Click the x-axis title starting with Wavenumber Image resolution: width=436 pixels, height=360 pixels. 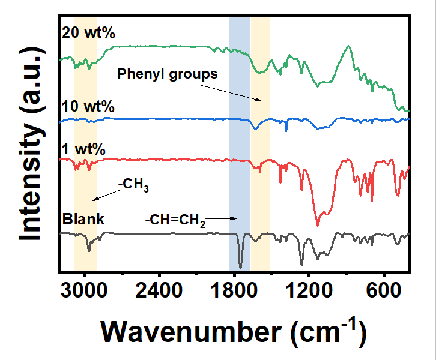[232, 330]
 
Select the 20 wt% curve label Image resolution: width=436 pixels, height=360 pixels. [88, 33]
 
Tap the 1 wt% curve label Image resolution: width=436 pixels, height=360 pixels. [85, 148]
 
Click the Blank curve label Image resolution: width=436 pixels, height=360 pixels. [83, 219]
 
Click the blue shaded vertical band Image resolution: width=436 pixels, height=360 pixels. [240, 144]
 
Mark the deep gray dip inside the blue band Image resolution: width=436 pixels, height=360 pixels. [240, 267]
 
